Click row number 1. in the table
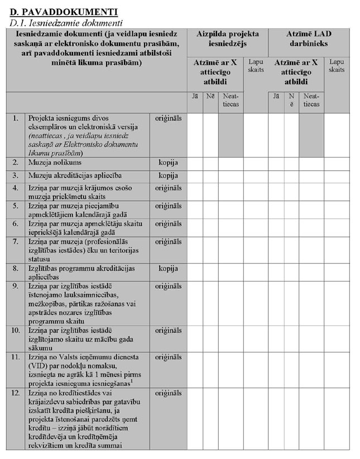[x=16, y=118]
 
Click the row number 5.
[x=16, y=205]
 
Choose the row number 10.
[x=17, y=331]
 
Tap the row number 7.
[x=16, y=241]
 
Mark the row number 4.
[x=16, y=188]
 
